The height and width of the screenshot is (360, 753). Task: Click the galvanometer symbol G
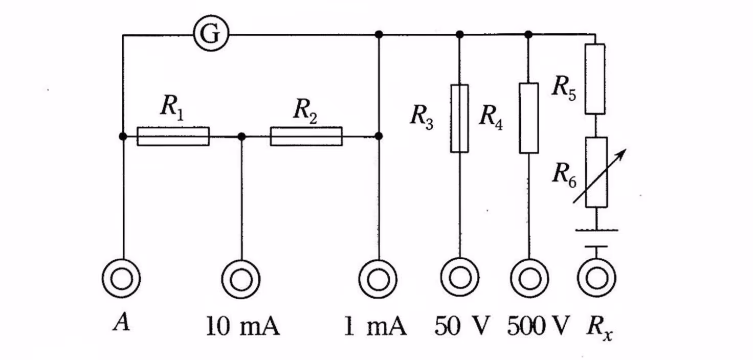[x=211, y=35]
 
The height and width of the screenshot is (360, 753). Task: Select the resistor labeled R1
[x=173, y=137]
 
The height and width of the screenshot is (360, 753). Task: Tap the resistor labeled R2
[x=306, y=137]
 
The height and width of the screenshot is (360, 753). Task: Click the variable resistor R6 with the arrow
[x=596, y=172]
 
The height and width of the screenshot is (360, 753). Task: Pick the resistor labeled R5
[x=595, y=79]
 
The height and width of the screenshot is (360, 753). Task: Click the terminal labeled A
[x=122, y=279]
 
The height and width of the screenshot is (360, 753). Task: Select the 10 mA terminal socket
[x=240, y=279]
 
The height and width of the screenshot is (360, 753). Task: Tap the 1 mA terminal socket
[x=378, y=279]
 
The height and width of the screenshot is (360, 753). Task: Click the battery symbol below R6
[x=596, y=238]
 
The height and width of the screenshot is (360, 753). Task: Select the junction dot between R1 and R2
[x=241, y=137]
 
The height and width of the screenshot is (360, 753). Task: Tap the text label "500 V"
[x=538, y=326]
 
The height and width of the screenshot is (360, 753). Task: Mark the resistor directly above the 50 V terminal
[x=459, y=119]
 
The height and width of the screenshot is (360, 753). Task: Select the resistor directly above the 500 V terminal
[x=529, y=118]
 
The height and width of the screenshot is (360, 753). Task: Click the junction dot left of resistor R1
[x=123, y=136]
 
